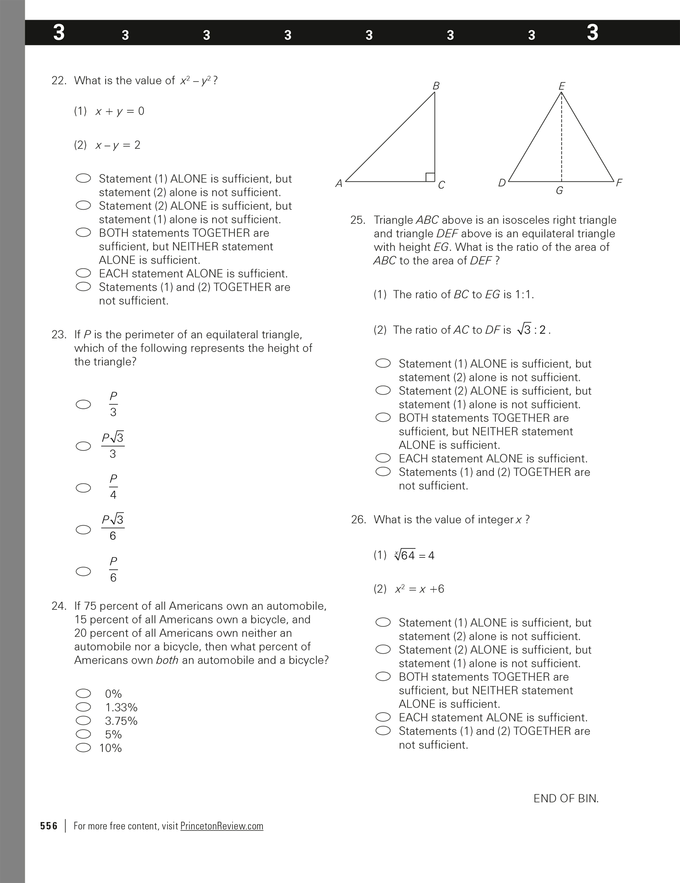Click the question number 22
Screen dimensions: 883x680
(x=58, y=80)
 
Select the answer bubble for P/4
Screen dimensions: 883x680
(x=83, y=488)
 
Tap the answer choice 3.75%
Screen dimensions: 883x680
(x=121, y=721)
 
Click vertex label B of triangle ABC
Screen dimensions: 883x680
(x=436, y=86)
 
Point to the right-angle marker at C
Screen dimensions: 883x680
(x=430, y=177)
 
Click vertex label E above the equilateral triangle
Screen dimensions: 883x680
(x=561, y=86)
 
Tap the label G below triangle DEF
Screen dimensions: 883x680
(x=559, y=191)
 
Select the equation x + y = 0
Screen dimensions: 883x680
(x=119, y=111)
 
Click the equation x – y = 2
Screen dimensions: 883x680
(x=118, y=145)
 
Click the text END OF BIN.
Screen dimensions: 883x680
(x=566, y=798)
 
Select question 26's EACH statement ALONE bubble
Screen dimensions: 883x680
(x=383, y=717)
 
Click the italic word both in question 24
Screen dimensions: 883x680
(x=167, y=660)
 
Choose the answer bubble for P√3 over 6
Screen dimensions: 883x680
(x=83, y=529)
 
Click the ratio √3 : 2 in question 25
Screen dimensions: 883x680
(x=534, y=330)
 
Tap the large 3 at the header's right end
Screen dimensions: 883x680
(x=593, y=32)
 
